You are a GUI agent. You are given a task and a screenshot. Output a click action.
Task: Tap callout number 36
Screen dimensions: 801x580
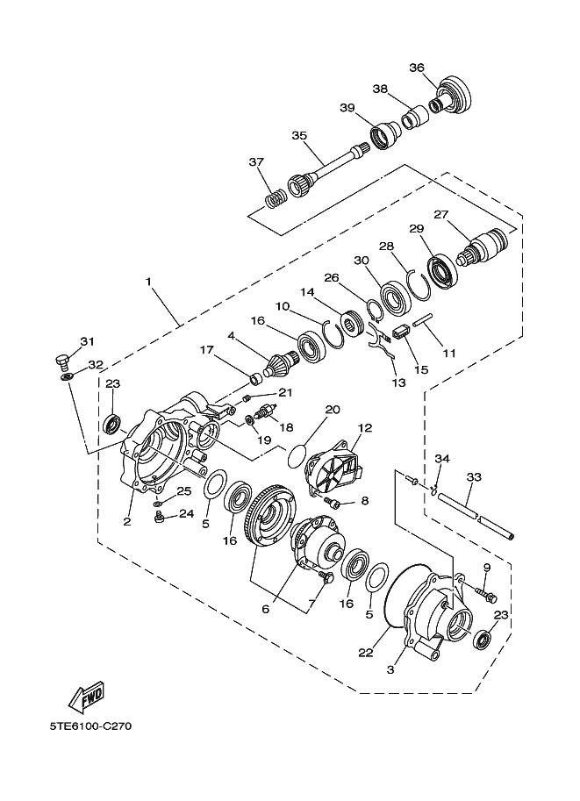(417, 68)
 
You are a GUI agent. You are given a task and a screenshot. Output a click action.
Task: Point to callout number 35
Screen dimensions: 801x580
(299, 136)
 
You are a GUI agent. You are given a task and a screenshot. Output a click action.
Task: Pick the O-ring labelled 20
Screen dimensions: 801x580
(299, 455)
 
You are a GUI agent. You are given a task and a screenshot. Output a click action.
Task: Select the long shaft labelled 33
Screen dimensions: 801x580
(474, 518)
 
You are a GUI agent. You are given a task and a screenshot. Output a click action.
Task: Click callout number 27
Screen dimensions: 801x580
(440, 214)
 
